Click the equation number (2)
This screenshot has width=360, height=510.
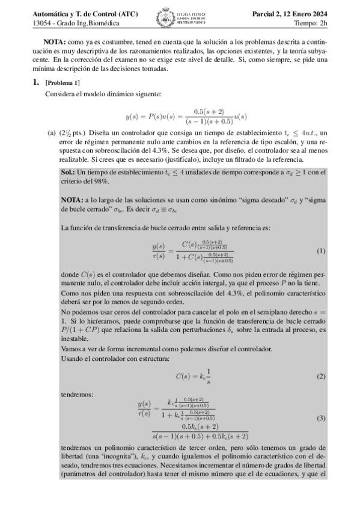pyautogui.click(x=320, y=376)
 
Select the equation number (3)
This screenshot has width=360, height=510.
pyautogui.click(x=320, y=417)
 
